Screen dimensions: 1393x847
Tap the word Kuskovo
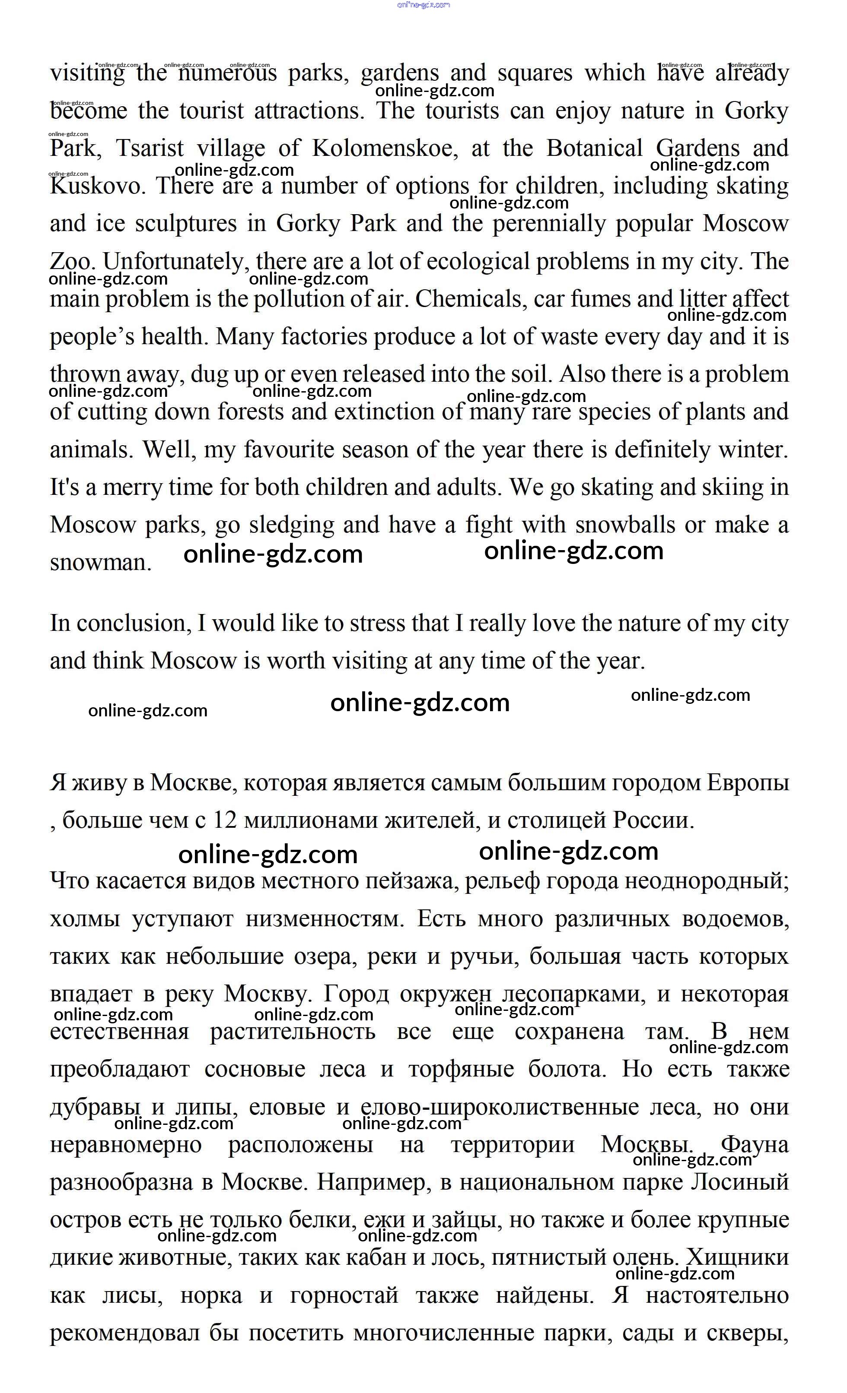click(95, 186)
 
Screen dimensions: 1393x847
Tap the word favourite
click(289, 450)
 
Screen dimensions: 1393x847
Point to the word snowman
click(100, 563)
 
